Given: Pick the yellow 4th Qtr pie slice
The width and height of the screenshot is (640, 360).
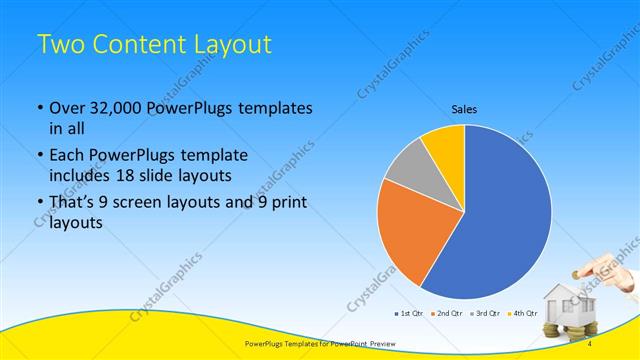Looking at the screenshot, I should point(444,147).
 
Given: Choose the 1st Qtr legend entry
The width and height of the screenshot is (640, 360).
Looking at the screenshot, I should point(412,313).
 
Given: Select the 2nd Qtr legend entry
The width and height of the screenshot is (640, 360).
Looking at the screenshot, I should point(447,313).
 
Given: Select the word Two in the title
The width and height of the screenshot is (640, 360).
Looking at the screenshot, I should point(58,44).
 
